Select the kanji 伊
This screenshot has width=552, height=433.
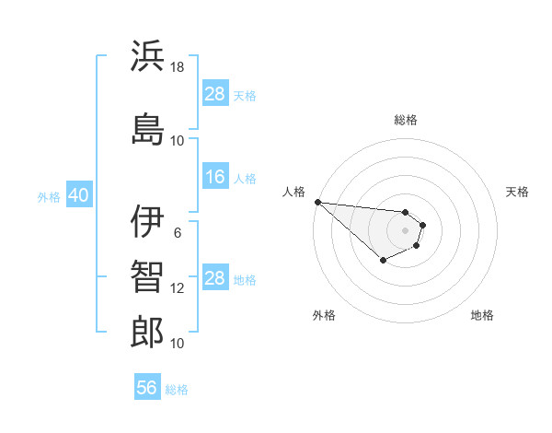(x=147, y=221)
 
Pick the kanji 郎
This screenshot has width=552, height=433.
(x=147, y=332)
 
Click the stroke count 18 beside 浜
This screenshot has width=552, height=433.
(x=178, y=67)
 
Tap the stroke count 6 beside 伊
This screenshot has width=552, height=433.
(x=178, y=232)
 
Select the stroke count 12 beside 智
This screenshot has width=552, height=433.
(x=178, y=288)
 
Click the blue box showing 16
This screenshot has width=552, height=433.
(x=214, y=177)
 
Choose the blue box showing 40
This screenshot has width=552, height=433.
(x=77, y=196)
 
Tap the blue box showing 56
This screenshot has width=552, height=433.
(x=146, y=388)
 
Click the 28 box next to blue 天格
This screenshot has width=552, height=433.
(x=214, y=94)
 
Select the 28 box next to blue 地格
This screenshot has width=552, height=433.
(x=214, y=278)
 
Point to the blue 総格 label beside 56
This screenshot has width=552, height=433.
(x=177, y=390)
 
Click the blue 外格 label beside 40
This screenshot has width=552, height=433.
(x=49, y=197)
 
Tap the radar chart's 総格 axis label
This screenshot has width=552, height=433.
(x=406, y=120)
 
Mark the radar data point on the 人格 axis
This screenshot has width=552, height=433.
(x=317, y=202)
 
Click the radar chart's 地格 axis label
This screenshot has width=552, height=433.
(x=482, y=316)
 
